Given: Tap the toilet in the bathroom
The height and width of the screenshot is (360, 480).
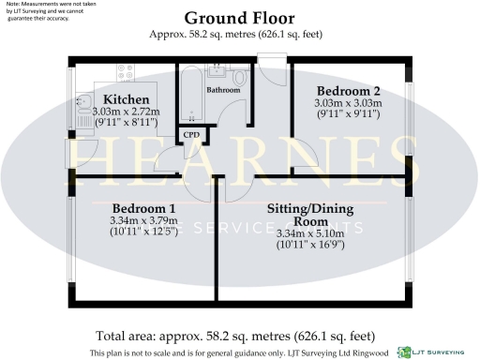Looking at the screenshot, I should tap(239, 80).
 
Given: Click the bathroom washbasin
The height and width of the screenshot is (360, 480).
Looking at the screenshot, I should tap(217, 70).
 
